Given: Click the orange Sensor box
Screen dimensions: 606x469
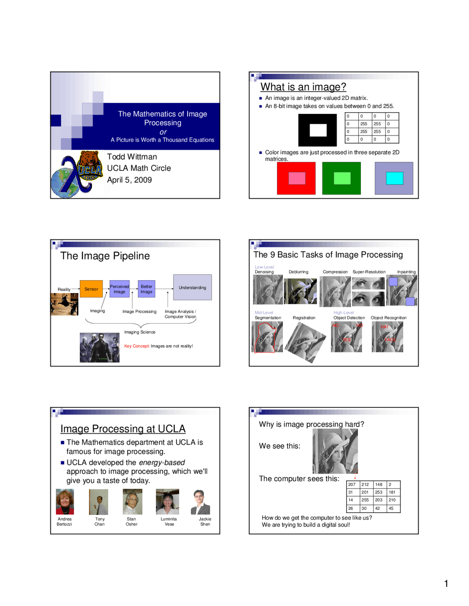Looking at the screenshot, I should (91, 289).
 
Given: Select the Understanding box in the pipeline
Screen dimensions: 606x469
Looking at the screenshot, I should (192, 287).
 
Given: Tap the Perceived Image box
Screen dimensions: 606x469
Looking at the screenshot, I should (119, 289).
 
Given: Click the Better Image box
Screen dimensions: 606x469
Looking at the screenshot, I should (147, 289).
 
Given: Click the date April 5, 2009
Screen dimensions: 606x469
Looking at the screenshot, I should (129, 180).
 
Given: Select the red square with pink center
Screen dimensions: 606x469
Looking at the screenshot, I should (296, 178).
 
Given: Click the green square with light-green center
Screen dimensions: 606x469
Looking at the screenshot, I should (341, 178).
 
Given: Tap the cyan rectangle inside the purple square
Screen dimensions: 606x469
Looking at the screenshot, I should (394, 178).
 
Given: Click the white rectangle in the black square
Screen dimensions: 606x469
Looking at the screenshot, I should (318, 130).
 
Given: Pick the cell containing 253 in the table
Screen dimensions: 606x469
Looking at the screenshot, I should (379, 492).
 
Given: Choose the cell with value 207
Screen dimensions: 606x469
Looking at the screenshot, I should (352, 485).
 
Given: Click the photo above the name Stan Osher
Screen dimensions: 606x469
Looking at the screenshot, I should (132, 502).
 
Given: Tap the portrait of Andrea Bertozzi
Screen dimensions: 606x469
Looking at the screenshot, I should (65, 502).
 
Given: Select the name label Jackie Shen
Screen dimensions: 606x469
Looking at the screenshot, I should (205, 521).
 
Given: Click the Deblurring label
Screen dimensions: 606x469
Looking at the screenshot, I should (298, 272).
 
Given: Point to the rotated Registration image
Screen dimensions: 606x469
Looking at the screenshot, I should (305, 342).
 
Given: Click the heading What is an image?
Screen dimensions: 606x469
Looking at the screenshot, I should (303, 87).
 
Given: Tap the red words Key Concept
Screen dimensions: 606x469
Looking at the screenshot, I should (137, 346).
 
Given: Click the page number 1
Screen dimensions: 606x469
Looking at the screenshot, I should (446, 583).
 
